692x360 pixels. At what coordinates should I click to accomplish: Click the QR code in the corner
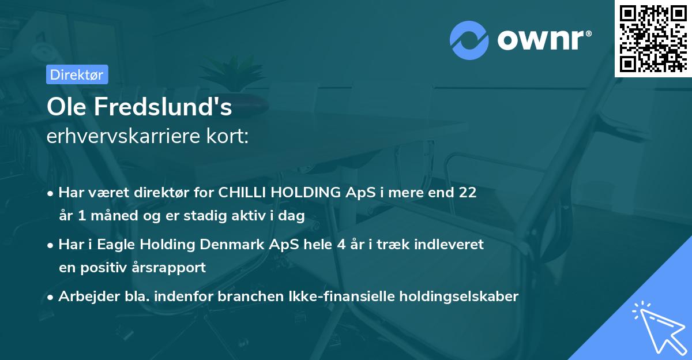[x=653, y=39]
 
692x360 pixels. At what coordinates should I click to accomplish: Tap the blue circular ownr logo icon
[x=469, y=41]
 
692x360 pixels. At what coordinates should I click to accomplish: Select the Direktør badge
[x=77, y=74]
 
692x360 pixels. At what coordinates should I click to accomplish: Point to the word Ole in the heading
[x=64, y=107]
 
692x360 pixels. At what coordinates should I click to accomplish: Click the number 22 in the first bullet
[x=467, y=193]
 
